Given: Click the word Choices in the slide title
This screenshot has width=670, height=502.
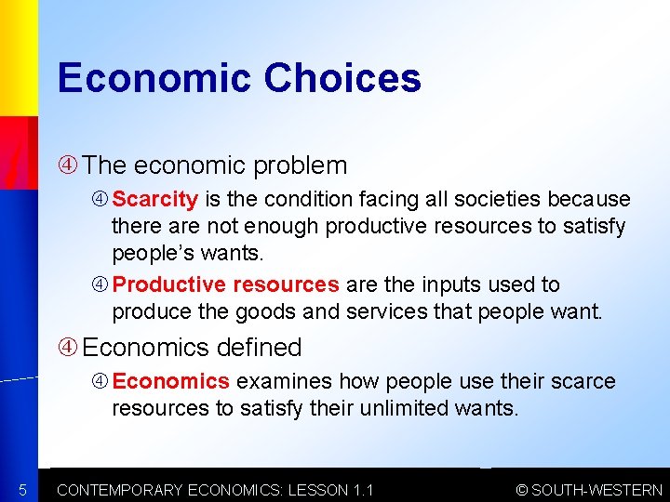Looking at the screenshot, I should [x=342, y=78].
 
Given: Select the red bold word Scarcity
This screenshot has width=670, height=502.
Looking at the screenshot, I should [x=155, y=199].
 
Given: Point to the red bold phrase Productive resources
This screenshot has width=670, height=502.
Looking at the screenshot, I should [x=226, y=284].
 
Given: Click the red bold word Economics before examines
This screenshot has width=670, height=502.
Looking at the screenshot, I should [x=171, y=381].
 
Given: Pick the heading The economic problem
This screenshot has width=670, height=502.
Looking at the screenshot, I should [x=214, y=165].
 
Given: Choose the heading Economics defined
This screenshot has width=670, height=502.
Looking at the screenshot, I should [x=192, y=348].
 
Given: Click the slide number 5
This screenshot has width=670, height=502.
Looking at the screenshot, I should [x=20, y=490].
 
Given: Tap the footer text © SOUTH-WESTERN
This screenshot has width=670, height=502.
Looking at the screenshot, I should [x=589, y=490].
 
